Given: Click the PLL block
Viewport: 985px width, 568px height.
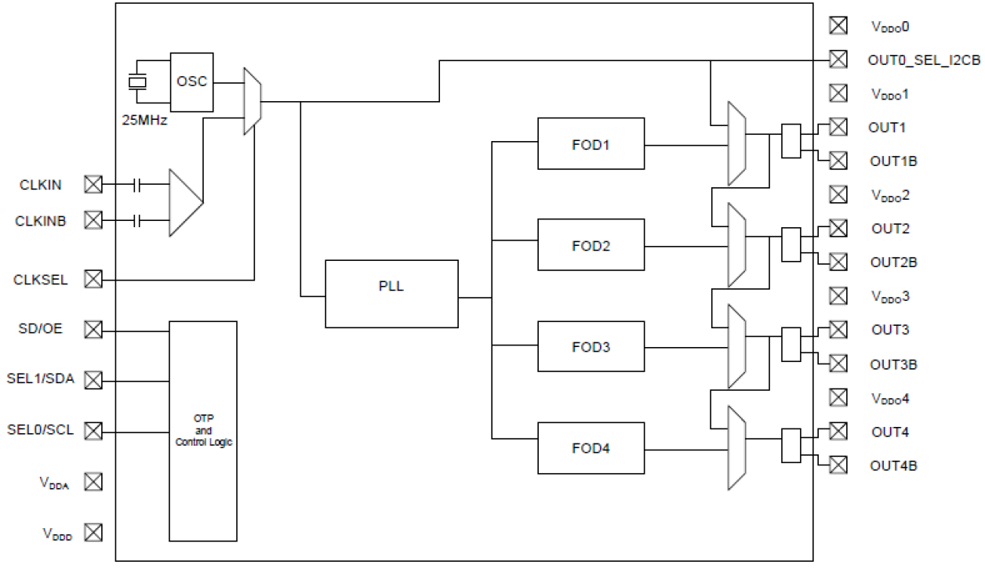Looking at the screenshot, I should click(391, 294).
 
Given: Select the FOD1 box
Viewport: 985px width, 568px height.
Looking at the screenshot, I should click(591, 143).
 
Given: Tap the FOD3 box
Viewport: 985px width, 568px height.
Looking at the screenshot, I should click(591, 346).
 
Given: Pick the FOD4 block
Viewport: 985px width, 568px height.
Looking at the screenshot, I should click(591, 448).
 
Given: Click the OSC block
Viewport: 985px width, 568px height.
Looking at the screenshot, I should click(192, 81).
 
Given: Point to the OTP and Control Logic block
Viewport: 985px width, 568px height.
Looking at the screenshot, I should click(203, 431).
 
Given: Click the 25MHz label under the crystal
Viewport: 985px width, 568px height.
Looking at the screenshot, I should click(144, 121).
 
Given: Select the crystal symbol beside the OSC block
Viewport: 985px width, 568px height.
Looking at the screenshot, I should click(138, 81).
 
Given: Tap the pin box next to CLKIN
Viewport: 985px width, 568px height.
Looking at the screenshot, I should click(93, 185).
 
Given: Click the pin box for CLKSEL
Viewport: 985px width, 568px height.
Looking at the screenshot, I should click(93, 279).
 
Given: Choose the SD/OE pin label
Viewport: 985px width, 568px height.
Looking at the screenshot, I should click(40, 329).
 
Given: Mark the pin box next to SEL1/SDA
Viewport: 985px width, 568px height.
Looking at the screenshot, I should click(93, 380).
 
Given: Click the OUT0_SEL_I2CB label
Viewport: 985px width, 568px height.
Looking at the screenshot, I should click(924, 60).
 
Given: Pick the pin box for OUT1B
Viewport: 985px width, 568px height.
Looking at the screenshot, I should click(838, 161).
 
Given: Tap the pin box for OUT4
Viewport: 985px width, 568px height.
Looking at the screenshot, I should click(838, 432).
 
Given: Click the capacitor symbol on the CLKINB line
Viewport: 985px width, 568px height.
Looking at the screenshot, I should click(138, 221).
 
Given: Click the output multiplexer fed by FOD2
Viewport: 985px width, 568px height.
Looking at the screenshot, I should click(736, 245).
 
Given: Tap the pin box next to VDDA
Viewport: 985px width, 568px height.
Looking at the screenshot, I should click(93, 482).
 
